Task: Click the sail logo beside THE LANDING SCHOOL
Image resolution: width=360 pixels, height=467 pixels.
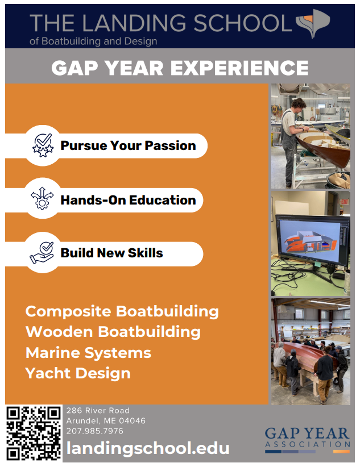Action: click(313, 23)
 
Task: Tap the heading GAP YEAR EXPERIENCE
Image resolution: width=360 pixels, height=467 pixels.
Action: click(180, 68)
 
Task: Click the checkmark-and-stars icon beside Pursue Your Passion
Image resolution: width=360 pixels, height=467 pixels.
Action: click(43, 145)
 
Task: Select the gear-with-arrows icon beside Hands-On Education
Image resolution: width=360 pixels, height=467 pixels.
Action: click(42, 198)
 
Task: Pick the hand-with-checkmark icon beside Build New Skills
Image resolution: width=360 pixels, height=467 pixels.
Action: click(42, 253)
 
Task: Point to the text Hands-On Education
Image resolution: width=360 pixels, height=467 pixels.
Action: click(129, 200)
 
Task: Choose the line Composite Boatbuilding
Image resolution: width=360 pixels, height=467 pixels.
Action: click(122, 311)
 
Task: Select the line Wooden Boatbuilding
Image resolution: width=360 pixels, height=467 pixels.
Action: click(113, 332)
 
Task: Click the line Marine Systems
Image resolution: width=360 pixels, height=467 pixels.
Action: click(88, 353)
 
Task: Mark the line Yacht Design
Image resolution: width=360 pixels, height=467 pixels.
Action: click(78, 373)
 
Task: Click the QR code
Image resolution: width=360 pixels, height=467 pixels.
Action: click(34, 433)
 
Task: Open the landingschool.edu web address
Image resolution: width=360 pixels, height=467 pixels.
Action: click(148, 448)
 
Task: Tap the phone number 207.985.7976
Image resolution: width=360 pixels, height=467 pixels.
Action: click(95, 431)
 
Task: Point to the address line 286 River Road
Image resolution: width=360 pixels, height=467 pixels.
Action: click(98, 411)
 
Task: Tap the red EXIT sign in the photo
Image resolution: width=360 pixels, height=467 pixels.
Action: click(345, 202)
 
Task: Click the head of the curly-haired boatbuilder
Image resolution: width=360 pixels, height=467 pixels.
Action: click(299, 106)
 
